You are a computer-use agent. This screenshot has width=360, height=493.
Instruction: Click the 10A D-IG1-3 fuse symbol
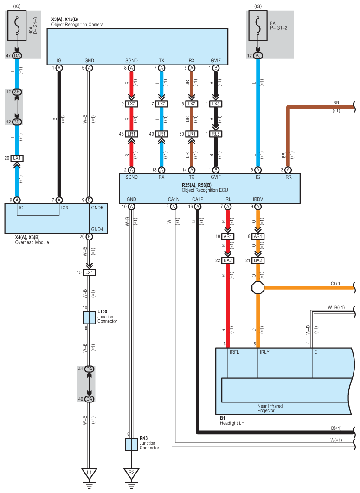(17, 26)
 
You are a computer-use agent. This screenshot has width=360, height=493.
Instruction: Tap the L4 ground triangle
(89, 474)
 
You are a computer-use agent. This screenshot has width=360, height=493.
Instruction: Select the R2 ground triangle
(131, 474)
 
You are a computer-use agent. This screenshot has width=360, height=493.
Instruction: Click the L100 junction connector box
(89, 318)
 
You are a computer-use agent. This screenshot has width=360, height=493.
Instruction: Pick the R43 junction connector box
(131, 444)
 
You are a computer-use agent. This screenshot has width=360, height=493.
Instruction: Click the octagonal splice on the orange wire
(258, 288)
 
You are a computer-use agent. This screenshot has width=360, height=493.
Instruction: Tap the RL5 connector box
(216, 134)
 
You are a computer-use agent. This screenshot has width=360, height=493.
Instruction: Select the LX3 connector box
(216, 104)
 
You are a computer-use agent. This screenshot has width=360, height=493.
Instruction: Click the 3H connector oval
(17, 92)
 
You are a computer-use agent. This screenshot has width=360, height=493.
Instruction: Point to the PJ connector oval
(258, 56)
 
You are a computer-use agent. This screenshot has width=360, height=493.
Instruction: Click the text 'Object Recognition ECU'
(205, 190)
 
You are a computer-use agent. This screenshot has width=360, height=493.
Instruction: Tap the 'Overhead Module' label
(32, 242)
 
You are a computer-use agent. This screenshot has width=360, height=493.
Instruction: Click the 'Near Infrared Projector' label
(270, 408)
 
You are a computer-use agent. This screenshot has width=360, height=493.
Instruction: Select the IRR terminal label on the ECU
(288, 177)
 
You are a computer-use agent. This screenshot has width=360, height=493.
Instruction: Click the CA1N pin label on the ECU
(174, 199)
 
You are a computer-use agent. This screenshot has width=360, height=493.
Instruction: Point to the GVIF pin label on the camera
(216, 61)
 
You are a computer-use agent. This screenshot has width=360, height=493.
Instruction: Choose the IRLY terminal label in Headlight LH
(264, 352)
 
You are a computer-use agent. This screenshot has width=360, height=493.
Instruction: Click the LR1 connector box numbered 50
(192, 134)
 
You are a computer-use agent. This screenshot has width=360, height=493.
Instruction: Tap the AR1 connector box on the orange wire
(258, 236)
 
